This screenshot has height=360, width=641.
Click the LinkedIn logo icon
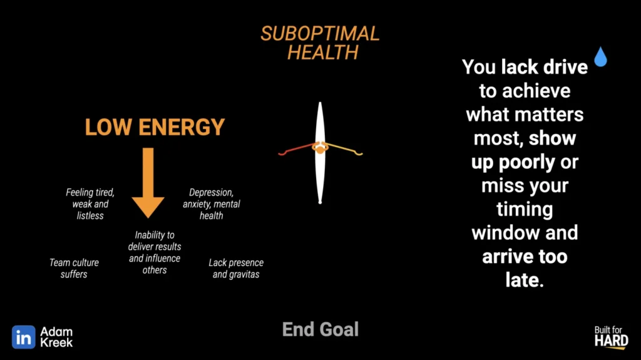pyautogui.click(x=23, y=337)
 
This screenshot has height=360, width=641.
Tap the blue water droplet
pyautogui.click(x=600, y=57)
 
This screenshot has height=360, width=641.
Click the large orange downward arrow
pyautogui.click(x=148, y=182)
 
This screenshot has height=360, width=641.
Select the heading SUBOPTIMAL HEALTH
pyautogui.click(x=320, y=43)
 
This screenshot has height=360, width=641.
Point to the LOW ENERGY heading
pyautogui.click(x=155, y=127)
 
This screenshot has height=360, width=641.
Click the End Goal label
pyautogui.click(x=320, y=329)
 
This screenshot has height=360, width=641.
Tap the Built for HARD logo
pyautogui.click(x=611, y=337)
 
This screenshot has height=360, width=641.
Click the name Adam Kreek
pyautogui.click(x=56, y=337)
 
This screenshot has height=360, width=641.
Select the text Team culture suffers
pyautogui.click(x=74, y=269)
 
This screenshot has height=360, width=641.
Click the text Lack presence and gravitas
pyautogui.click(x=236, y=269)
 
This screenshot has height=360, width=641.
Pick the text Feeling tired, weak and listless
pyautogui.click(x=90, y=203)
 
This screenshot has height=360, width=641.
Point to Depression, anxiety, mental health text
pyautogui.click(x=212, y=203)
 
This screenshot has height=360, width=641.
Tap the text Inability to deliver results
pyautogui.click(x=155, y=240)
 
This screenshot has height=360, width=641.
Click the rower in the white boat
pyautogui.click(x=320, y=147)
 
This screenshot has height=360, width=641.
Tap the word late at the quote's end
pyautogui.click(x=525, y=280)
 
